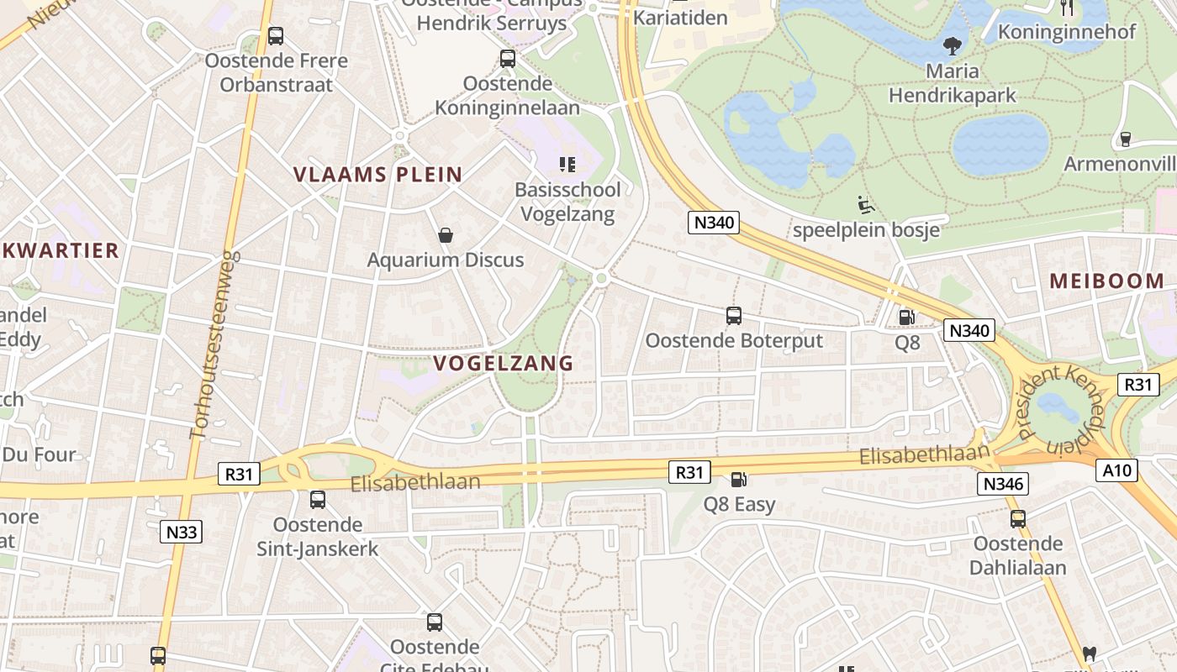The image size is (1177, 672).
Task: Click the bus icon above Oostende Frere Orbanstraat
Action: point(275,36)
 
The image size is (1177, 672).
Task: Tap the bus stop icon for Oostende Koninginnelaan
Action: point(508,59)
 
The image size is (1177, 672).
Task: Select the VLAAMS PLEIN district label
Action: point(377,175)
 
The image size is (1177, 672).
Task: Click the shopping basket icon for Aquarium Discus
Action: point(446,235)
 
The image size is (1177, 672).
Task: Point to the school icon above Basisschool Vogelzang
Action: point(567,164)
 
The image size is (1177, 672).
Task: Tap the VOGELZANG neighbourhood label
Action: point(503,364)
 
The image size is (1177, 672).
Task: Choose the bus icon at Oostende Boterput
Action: point(734,316)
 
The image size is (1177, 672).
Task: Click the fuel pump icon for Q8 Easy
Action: point(738,480)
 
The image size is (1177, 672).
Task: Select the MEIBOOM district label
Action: point(1106,281)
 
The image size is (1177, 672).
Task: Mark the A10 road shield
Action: point(1117,470)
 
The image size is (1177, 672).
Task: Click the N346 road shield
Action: point(1004,483)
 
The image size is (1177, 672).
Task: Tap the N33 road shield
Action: point(181,531)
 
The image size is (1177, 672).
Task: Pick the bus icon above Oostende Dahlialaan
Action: point(1018,518)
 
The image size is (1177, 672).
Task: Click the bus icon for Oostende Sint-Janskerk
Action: point(318,500)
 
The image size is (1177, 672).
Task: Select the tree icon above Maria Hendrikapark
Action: point(953,45)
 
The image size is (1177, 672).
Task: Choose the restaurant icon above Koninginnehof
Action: point(1067,8)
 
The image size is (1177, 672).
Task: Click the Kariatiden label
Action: point(680,17)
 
